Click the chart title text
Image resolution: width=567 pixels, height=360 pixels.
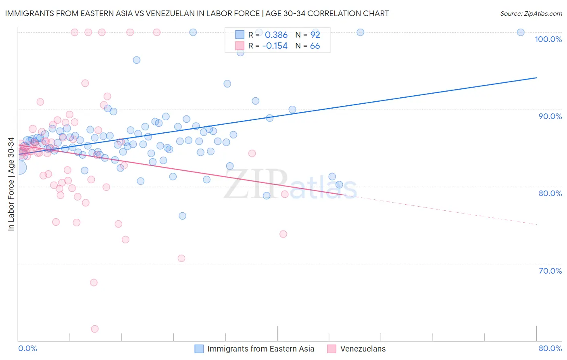click(x=197, y=13)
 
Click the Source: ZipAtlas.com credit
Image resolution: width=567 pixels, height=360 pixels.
click(x=531, y=14)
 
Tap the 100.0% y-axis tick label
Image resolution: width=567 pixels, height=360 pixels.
click(x=548, y=39)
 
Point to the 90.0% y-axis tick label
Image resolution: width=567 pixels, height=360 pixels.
click(x=550, y=116)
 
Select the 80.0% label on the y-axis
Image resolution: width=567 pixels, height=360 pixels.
click(x=550, y=193)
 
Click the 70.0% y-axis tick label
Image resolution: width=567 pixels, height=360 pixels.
click(x=550, y=271)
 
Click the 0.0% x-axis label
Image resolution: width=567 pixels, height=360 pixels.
click(x=27, y=348)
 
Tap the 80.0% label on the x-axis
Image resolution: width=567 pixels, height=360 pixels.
click(x=550, y=348)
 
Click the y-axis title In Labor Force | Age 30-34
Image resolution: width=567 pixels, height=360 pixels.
click(x=11, y=184)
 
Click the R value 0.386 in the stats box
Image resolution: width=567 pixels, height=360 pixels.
click(x=276, y=35)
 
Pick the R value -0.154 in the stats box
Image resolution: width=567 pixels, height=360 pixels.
click(x=275, y=46)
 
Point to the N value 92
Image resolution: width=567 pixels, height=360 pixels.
click(x=315, y=35)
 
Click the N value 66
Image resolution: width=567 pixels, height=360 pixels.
click(x=315, y=46)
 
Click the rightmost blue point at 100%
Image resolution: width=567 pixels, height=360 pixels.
click(x=521, y=32)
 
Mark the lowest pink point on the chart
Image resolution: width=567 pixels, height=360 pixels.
click(x=95, y=329)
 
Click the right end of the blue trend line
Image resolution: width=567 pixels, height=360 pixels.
click(x=536, y=77)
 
